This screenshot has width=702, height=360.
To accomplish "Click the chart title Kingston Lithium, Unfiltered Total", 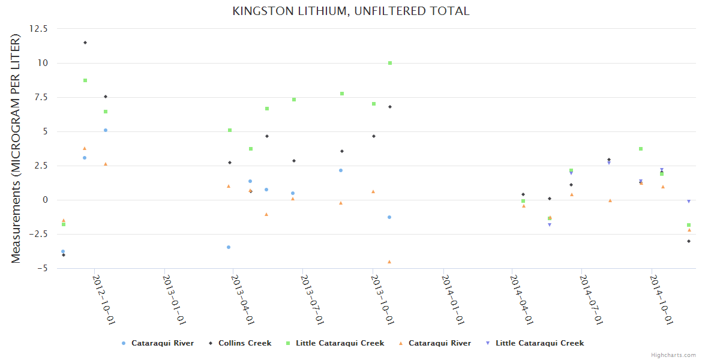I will pos(351,11).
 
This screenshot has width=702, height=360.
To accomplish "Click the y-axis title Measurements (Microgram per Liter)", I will pos(16,148).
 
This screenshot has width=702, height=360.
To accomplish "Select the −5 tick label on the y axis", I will pos(43,268).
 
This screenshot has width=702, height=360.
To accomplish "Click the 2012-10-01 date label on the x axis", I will pos(103,299).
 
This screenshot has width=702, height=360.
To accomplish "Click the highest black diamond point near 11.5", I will pos(85,43).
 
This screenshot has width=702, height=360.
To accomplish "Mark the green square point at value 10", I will pos(390,63).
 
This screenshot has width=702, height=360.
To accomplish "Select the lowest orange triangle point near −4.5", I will pos(389,262).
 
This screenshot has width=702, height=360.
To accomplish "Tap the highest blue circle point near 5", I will pos(106,130).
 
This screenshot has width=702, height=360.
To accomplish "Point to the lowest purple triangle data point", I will pos(550,225).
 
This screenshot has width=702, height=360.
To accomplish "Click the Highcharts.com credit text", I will pos(673,355).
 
